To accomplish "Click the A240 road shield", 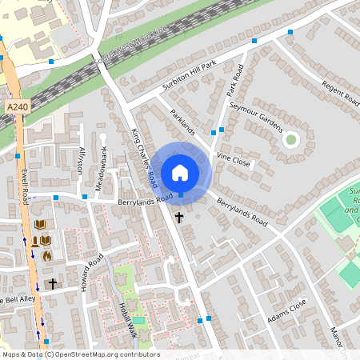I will (17, 106).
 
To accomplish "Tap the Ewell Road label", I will (26, 182).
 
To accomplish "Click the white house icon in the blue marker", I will (179, 172).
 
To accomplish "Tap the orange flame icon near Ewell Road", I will (46, 256).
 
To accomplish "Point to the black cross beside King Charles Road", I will (179, 217).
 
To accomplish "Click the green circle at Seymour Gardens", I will (290, 139).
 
